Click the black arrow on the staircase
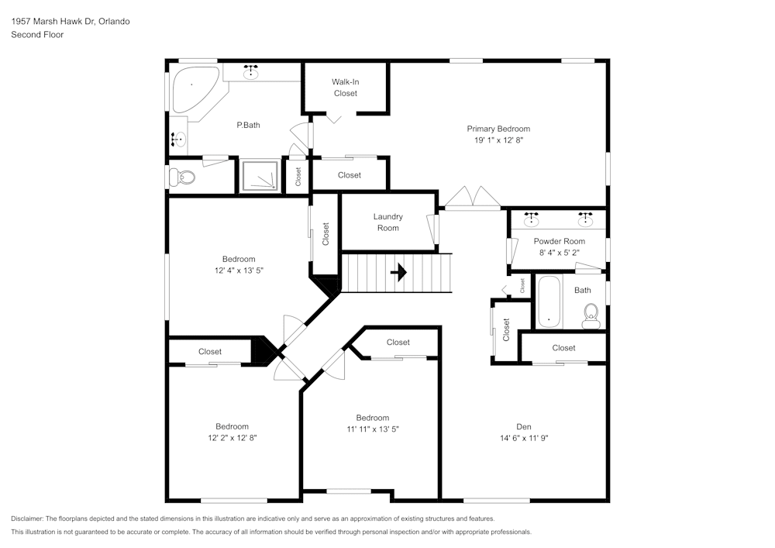[399, 272]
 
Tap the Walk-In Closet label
[346, 87]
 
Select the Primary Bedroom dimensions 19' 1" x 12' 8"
[498, 140]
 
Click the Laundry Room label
[387, 222]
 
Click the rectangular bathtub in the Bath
[549, 302]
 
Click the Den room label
[524, 426]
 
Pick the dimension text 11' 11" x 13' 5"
[372, 429]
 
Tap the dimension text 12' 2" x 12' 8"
[232, 437]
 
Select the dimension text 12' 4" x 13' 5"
[239, 271]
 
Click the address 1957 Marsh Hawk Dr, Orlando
[71, 21]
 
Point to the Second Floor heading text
[37, 35]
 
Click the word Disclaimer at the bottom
[28, 519]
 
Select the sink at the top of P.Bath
[251, 73]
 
